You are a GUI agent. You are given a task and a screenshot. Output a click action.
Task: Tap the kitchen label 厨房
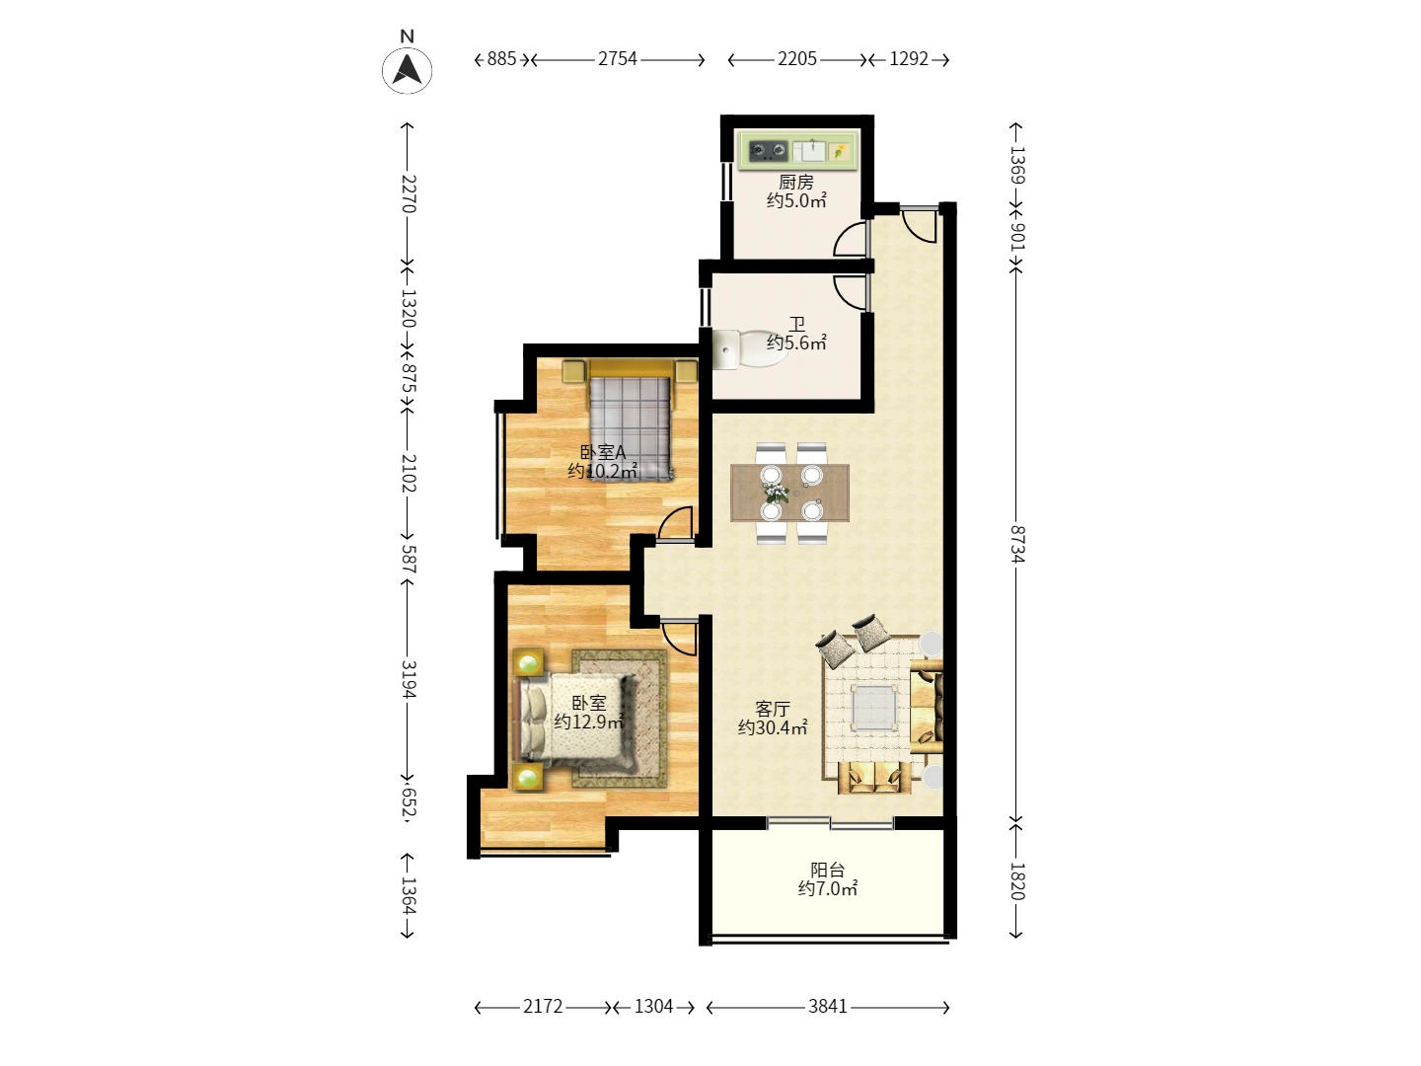click(x=795, y=182)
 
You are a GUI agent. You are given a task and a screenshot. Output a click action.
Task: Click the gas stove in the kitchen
click(x=769, y=151)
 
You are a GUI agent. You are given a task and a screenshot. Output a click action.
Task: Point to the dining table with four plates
click(x=789, y=493)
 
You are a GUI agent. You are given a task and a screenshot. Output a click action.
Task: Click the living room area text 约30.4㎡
click(x=773, y=727)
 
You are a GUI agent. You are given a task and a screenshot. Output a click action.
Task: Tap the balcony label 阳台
click(x=827, y=870)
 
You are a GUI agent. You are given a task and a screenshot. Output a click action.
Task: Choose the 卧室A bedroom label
click(x=603, y=452)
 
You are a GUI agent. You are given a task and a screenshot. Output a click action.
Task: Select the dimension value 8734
click(x=1017, y=544)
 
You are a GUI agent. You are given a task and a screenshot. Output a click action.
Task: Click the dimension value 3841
click(x=827, y=1006)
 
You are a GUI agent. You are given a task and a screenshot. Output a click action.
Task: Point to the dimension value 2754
click(x=617, y=59)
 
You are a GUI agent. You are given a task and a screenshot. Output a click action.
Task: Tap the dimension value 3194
click(x=409, y=679)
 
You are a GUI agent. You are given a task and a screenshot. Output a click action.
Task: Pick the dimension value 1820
click(x=1017, y=880)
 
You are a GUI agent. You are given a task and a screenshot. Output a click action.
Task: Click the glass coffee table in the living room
click(x=874, y=708)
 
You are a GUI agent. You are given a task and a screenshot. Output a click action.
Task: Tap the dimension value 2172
click(x=543, y=1006)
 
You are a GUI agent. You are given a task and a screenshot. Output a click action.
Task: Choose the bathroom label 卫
click(x=796, y=323)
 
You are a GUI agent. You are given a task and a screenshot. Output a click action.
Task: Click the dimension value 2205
click(x=797, y=59)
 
